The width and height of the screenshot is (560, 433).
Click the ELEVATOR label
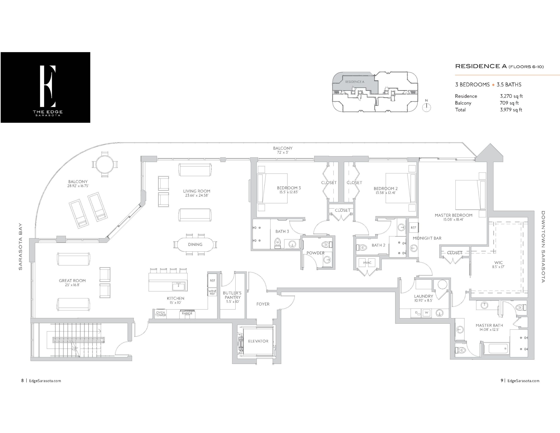(258, 341)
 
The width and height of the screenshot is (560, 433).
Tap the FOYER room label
(263, 304)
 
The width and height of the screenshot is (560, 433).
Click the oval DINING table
(195, 245)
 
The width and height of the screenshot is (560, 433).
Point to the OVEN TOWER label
(161, 314)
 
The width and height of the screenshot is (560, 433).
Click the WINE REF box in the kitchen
(212, 292)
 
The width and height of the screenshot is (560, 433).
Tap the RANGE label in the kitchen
(187, 313)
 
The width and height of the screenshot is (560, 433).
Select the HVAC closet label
(367, 262)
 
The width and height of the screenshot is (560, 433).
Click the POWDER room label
(315, 253)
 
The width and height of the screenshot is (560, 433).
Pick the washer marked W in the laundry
(426, 313)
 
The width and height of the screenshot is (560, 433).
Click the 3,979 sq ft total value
(511, 110)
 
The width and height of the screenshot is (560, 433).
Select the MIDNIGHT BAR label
(427, 238)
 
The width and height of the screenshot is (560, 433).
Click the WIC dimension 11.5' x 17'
(498, 267)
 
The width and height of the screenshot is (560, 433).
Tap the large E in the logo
(48, 86)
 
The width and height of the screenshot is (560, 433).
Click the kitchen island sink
(178, 286)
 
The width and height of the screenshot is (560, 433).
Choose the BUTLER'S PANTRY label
(232, 295)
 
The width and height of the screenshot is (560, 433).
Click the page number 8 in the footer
(23, 380)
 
